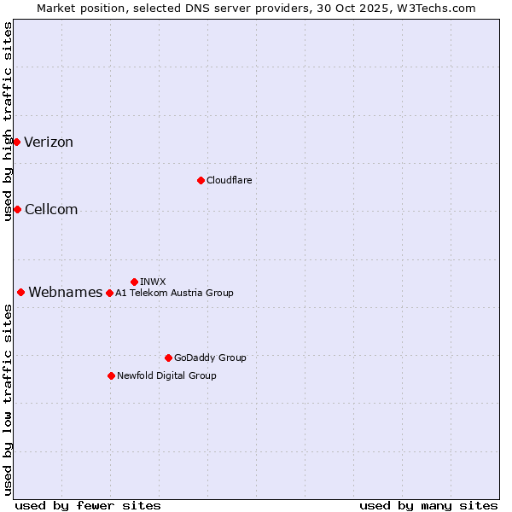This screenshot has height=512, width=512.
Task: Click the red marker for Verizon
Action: [16, 142]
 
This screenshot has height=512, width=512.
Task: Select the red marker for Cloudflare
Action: [201, 180]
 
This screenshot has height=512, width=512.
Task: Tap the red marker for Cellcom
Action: [17, 209]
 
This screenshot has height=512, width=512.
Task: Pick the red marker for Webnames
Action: [20, 292]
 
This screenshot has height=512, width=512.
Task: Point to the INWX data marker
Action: [134, 282]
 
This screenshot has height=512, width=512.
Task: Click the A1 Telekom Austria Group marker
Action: [109, 293]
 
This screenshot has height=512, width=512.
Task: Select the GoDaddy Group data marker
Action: [168, 358]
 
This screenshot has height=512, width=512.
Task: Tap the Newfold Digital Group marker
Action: [111, 375]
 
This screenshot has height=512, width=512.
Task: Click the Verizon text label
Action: [49, 143]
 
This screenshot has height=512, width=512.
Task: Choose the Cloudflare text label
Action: [229, 180]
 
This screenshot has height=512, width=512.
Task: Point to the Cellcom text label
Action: [51, 210]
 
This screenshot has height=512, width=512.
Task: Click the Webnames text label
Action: [66, 293]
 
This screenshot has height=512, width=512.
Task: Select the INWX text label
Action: [153, 282]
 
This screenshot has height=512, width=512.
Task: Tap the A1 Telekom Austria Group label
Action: [174, 293]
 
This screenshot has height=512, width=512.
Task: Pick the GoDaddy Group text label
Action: [210, 358]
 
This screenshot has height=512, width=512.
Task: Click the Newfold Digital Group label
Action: [166, 375]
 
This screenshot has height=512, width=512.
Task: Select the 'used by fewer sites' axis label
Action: [88, 505]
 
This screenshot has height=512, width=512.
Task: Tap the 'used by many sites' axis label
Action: [428, 505]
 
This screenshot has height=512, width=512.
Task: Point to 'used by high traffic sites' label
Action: [8, 121]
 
